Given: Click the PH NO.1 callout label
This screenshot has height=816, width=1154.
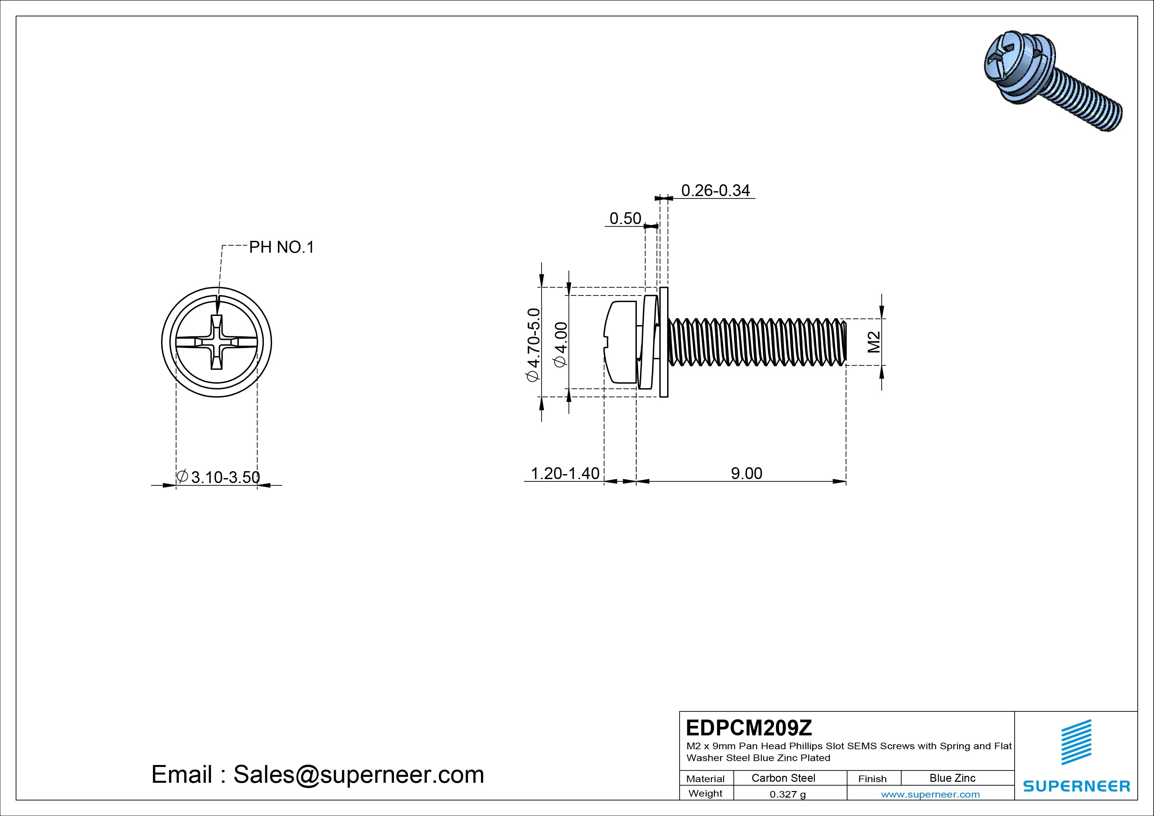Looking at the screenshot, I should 282,247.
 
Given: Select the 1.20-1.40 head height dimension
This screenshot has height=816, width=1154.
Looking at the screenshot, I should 565,473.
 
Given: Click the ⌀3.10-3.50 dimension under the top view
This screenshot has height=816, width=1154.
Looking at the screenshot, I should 219,477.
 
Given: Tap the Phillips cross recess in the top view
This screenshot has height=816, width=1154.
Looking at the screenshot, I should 217,342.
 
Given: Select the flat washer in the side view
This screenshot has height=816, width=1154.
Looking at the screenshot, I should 664,342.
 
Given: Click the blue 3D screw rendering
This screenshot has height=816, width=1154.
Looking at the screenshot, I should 1050,80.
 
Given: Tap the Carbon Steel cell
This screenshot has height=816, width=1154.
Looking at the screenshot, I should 783,778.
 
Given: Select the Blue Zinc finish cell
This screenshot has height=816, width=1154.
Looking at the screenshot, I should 952,778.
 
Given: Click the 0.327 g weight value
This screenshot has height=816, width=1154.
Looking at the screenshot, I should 788,794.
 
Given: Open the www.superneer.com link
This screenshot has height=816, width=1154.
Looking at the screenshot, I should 930,794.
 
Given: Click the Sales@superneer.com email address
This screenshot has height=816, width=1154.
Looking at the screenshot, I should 358,774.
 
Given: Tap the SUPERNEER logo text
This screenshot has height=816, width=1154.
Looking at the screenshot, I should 1076,786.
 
